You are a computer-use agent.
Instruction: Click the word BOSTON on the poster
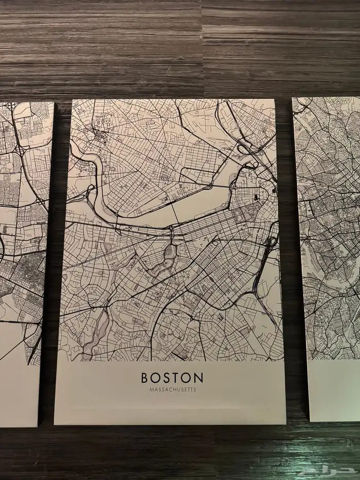coord(172,378)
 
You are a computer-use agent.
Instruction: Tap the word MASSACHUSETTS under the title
coord(172,389)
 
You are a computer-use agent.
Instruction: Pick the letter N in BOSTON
coord(199,378)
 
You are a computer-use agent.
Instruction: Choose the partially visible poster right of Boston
coord(329,232)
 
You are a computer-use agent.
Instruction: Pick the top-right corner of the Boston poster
coord(276,99)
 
